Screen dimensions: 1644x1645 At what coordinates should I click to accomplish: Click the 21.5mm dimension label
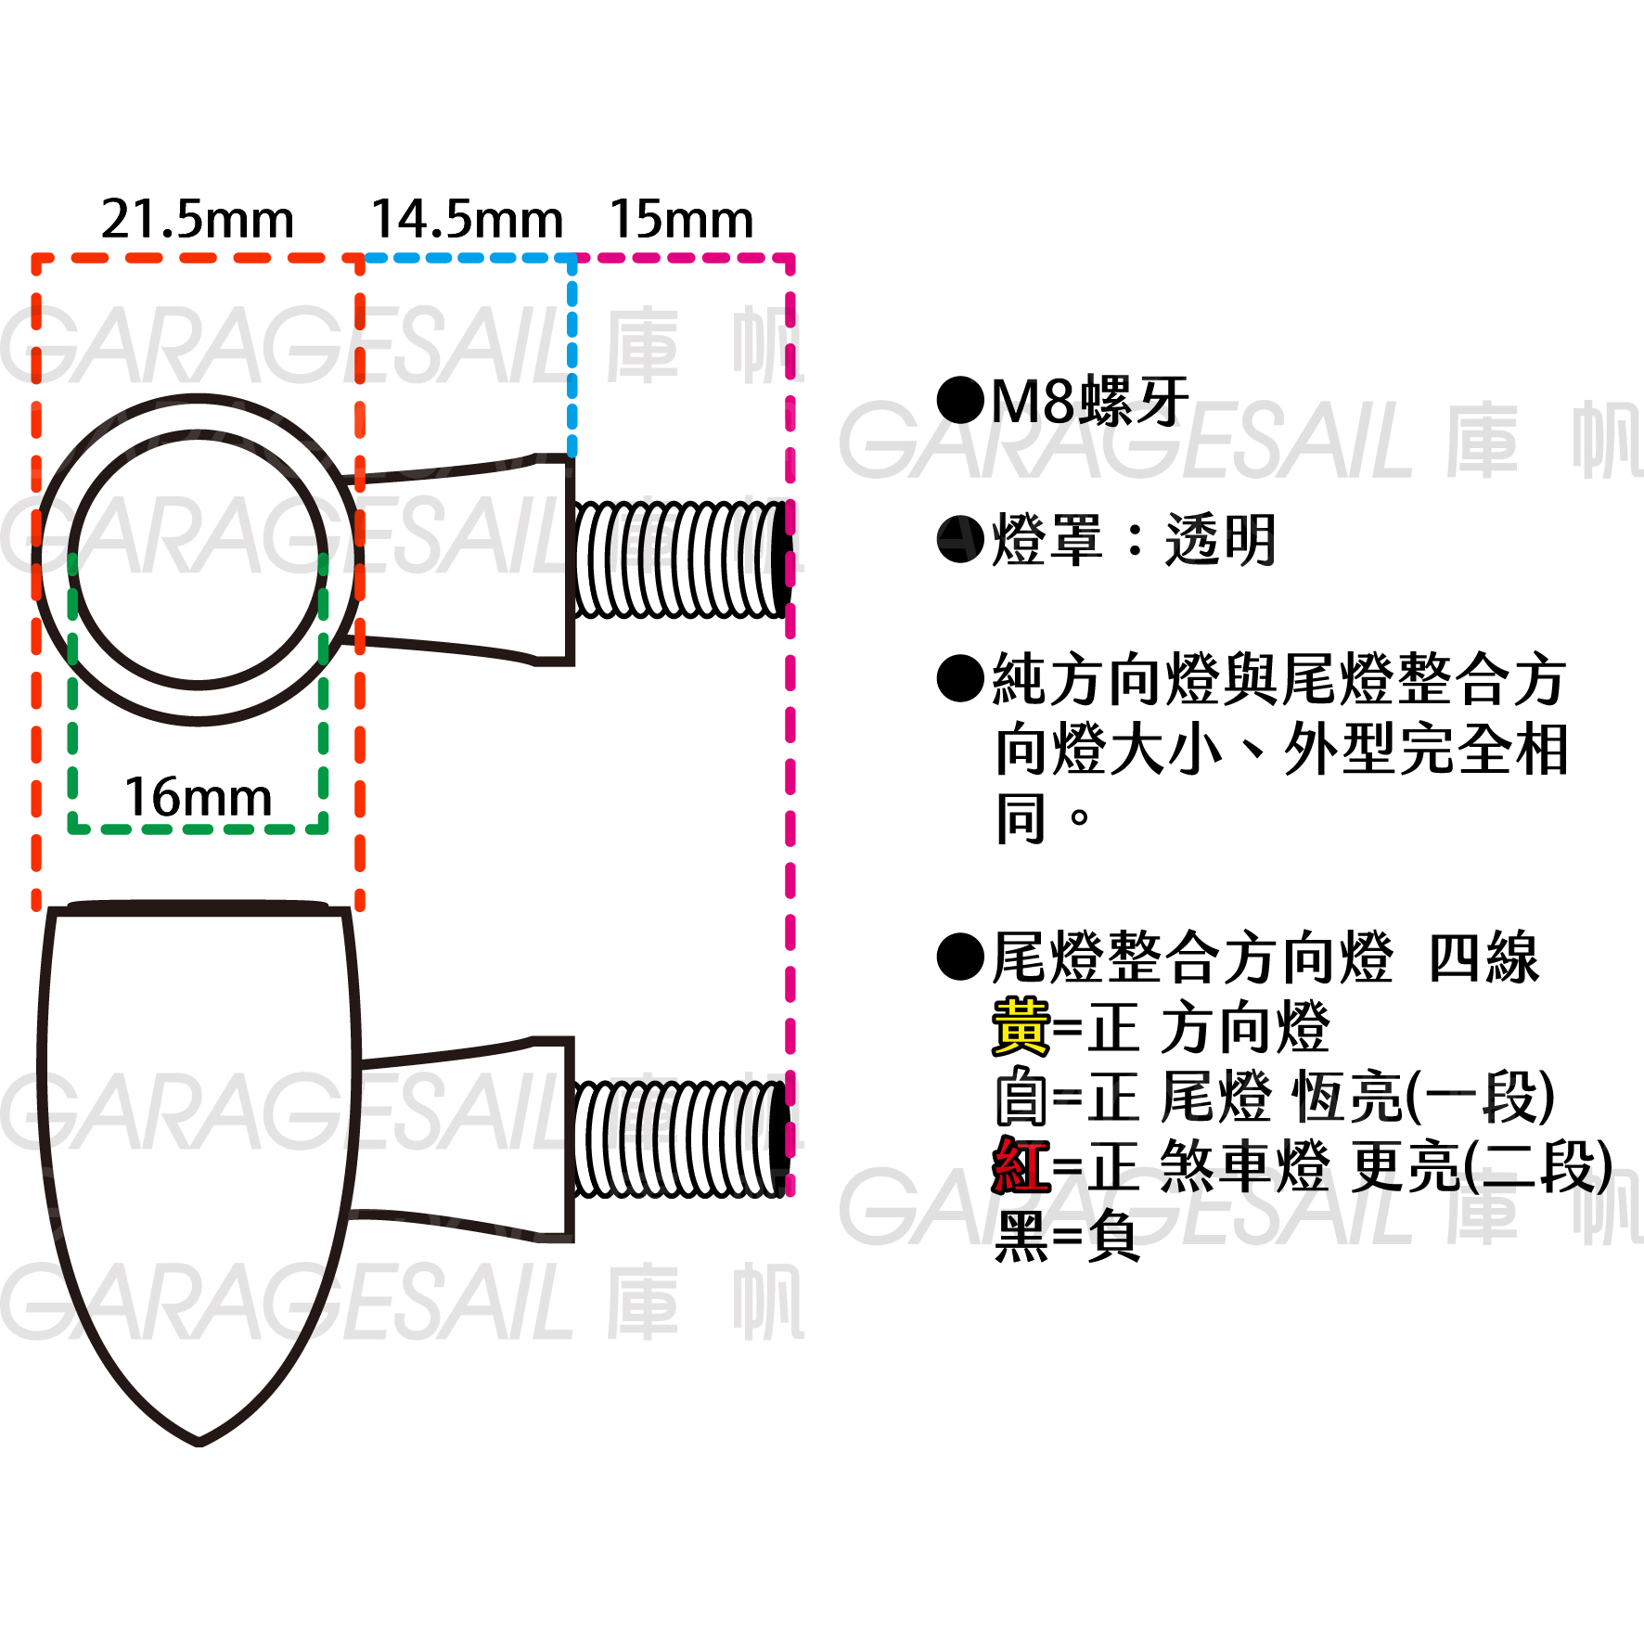click(197, 221)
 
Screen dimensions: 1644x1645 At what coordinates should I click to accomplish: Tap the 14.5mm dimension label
click(467, 221)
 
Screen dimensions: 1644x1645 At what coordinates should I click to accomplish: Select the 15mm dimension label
click(681, 221)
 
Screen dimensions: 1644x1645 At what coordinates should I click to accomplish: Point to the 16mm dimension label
click(198, 798)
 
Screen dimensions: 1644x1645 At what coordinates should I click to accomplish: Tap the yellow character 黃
click(1021, 1028)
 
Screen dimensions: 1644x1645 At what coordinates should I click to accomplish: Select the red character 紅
click(1021, 1166)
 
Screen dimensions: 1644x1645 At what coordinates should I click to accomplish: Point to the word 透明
click(1221, 540)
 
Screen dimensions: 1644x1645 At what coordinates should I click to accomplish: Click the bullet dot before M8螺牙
click(960, 401)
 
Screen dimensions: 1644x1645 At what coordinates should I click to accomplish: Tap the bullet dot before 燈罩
click(960, 540)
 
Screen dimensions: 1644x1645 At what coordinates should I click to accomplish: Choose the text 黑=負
click(1067, 1236)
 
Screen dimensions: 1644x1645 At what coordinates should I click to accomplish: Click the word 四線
click(1483, 957)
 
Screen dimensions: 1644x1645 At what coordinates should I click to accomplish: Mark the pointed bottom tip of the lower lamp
click(199, 1441)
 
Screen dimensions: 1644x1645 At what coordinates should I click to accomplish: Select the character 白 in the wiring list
click(1021, 1098)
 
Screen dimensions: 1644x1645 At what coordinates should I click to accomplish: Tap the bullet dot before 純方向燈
click(960, 678)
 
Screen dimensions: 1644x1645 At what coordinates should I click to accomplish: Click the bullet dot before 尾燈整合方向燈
click(960, 957)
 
